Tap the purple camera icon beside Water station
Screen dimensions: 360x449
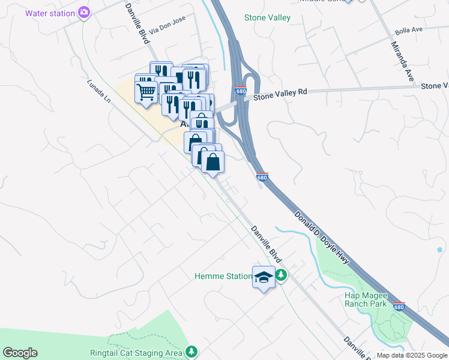(85, 12)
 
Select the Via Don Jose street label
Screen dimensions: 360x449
(167, 25)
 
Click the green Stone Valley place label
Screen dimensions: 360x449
(267, 18)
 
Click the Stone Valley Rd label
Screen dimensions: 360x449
(280, 94)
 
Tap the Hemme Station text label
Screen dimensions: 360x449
(223, 277)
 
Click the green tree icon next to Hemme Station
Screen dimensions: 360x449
(281, 276)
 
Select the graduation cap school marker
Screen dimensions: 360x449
(263, 277)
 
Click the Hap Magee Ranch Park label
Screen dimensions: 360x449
(365, 299)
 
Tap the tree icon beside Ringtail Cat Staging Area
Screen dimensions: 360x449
(191, 351)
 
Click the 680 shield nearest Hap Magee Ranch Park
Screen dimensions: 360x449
(399, 307)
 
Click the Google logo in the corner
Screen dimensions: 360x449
(20, 353)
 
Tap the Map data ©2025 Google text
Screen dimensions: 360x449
(412, 355)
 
